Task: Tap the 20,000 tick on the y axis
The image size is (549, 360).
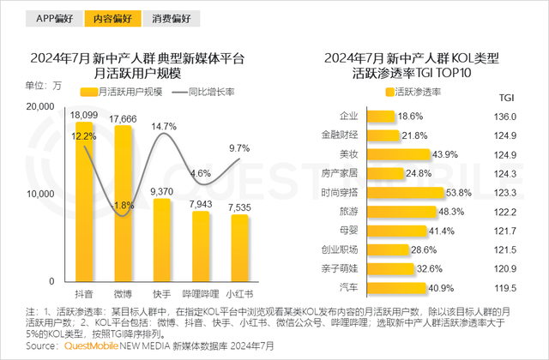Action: tap(40, 105)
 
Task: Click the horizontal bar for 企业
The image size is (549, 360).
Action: tap(380, 116)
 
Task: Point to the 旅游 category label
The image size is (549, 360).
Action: tap(348, 211)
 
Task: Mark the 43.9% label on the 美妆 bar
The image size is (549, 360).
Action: tap(419, 154)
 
